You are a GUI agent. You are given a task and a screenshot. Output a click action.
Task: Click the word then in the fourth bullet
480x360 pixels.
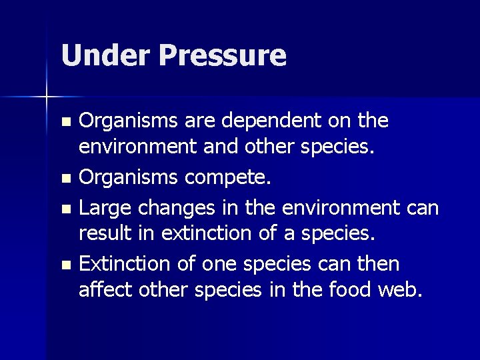point(379,264)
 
